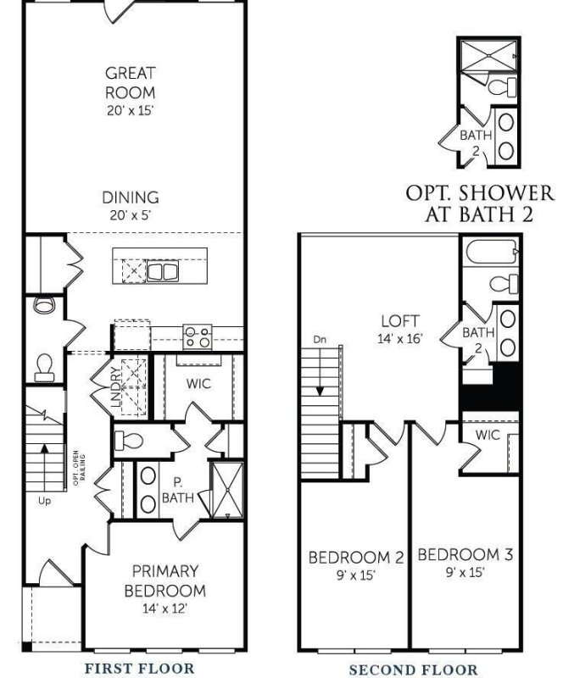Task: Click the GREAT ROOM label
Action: click(131, 81)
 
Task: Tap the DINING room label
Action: click(131, 197)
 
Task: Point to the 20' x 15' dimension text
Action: click(131, 109)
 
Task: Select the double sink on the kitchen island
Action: click(162, 271)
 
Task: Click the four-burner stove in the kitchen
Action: click(198, 336)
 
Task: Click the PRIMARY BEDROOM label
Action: click(164, 581)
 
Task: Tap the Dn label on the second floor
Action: click(319, 340)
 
